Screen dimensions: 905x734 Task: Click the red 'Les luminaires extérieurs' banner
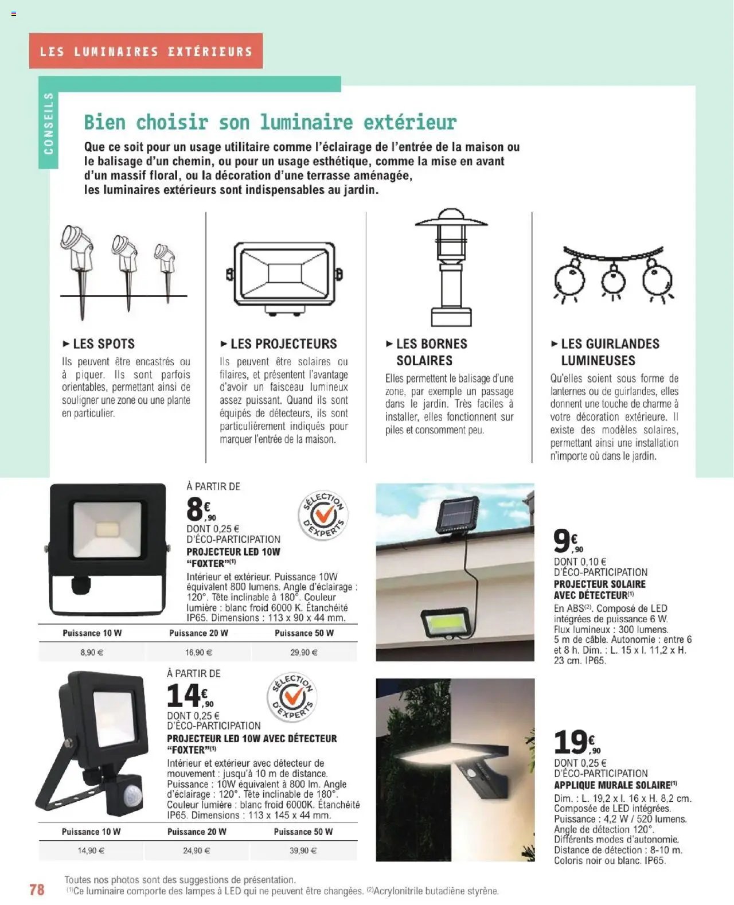146,51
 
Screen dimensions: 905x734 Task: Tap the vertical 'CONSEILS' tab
49,123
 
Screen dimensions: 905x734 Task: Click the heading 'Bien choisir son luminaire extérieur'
270,122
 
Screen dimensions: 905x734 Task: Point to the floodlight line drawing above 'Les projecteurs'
284,275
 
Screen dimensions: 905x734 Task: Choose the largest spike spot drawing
78,252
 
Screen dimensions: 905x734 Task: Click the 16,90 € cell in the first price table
198,652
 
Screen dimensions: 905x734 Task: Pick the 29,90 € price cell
304,652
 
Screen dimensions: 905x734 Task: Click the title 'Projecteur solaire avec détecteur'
599,590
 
